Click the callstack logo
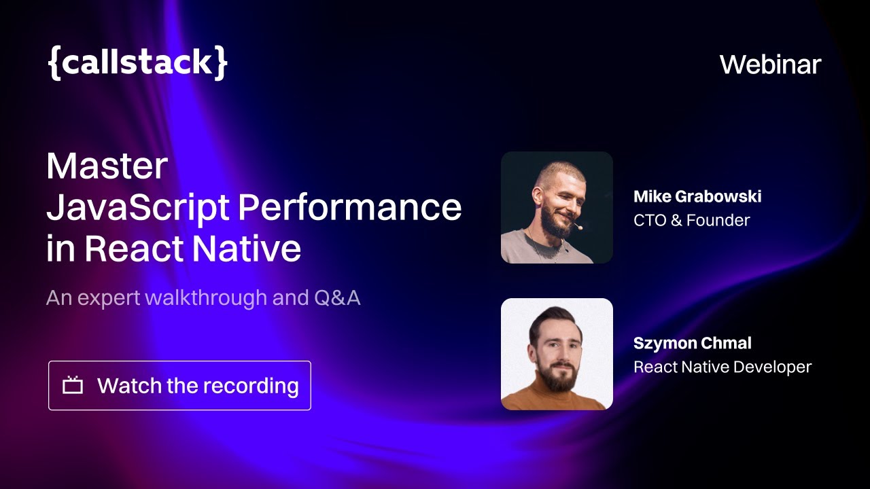pyautogui.click(x=137, y=62)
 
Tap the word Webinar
pyautogui.click(x=770, y=65)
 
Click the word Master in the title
pyautogui.click(x=107, y=166)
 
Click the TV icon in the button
pyautogui.click(x=73, y=386)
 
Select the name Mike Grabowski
pyautogui.click(x=697, y=197)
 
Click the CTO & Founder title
pyautogui.click(x=691, y=220)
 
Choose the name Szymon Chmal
pyautogui.click(x=692, y=344)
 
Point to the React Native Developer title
pyautogui.click(x=722, y=367)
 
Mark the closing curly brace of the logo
pyautogui.click(x=220, y=63)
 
